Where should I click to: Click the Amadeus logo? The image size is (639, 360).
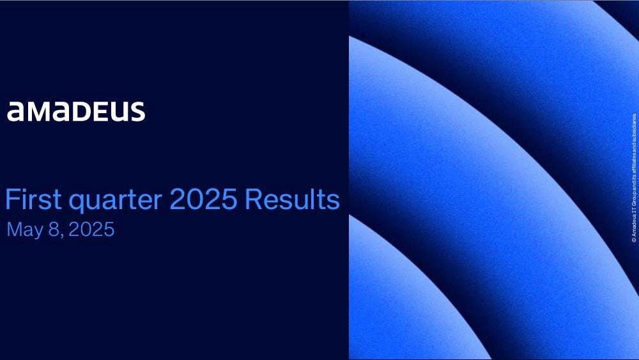click(x=76, y=112)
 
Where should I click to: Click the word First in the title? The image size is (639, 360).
click(x=33, y=200)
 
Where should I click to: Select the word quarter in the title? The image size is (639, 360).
click(x=116, y=201)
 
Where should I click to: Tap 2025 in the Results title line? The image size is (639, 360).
click(x=203, y=200)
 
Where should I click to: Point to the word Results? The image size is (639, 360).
click(x=292, y=200)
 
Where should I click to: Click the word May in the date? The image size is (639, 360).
click(x=26, y=230)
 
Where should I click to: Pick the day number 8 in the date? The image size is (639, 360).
click(x=54, y=229)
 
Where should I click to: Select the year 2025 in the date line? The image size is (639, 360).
click(x=91, y=229)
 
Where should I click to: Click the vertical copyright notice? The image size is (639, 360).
click(x=634, y=178)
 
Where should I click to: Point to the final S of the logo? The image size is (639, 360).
click(x=138, y=112)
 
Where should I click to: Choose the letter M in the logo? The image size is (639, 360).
click(x=38, y=112)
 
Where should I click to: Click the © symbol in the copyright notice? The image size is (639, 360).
click(x=634, y=240)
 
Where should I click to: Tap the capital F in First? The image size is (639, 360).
click(x=12, y=200)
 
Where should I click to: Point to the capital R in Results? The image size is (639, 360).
click(x=252, y=200)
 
